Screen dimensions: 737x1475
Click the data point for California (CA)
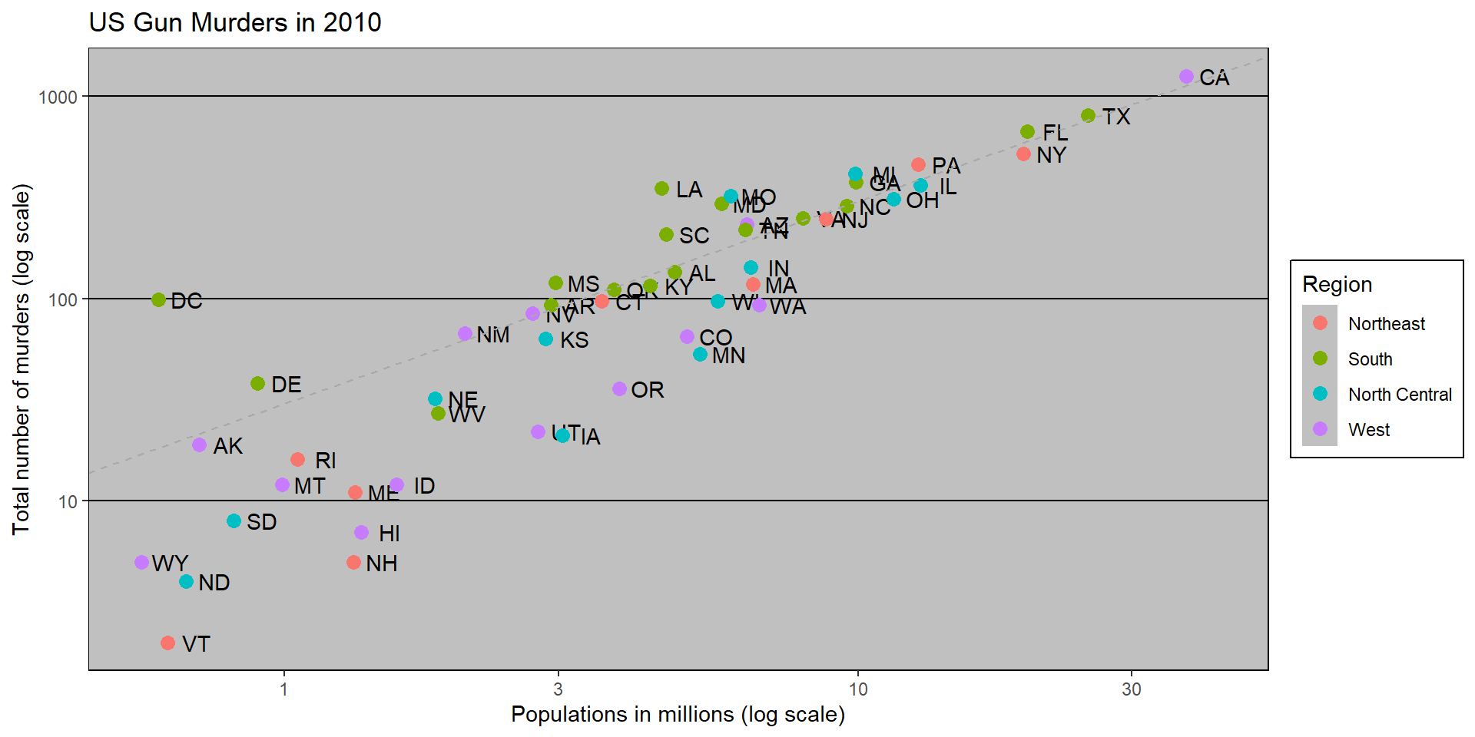pyautogui.click(x=1186, y=77)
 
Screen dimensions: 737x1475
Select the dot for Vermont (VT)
pyautogui.click(x=167, y=643)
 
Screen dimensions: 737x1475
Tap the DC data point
pyautogui.click(x=158, y=299)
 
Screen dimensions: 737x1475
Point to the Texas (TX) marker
pyautogui.click(x=1088, y=116)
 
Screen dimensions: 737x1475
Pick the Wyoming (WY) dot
pyautogui.click(x=141, y=563)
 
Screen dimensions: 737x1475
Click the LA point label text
pyautogui.click(x=689, y=190)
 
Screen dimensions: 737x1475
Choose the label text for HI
pyautogui.click(x=389, y=534)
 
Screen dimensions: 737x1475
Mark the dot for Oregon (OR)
pyautogui.click(x=619, y=389)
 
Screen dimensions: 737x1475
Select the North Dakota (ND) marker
pyautogui.click(x=186, y=582)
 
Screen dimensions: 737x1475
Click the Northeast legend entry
pyautogui.click(x=1386, y=324)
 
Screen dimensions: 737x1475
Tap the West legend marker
pyautogui.click(x=1320, y=429)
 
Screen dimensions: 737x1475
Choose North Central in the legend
pyautogui.click(x=1400, y=395)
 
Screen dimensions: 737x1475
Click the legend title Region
pyautogui.click(x=1337, y=285)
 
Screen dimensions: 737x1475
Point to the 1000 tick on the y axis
pyautogui.click(x=58, y=97)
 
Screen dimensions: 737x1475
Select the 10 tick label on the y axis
pyautogui.click(x=68, y=501)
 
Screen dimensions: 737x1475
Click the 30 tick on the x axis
pyautogui.click(x=1131, y=689)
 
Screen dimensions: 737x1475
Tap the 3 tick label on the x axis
pyautogui.click(x=559, y=689)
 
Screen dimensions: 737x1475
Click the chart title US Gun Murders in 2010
pyautogui.click(x=235, y=22)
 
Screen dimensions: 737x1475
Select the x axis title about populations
pyautogui.click(x=678, y=715)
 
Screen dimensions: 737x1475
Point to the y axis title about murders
pyautogui.click(x=22, y=359)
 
